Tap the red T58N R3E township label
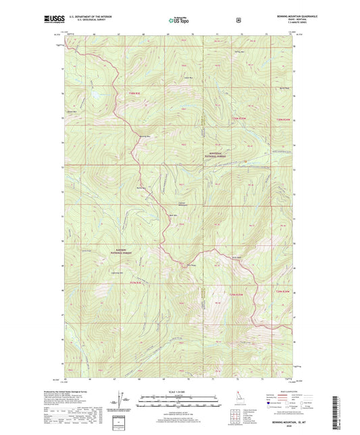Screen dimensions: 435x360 pos(133,93)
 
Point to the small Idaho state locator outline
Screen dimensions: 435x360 pos(242,413)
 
